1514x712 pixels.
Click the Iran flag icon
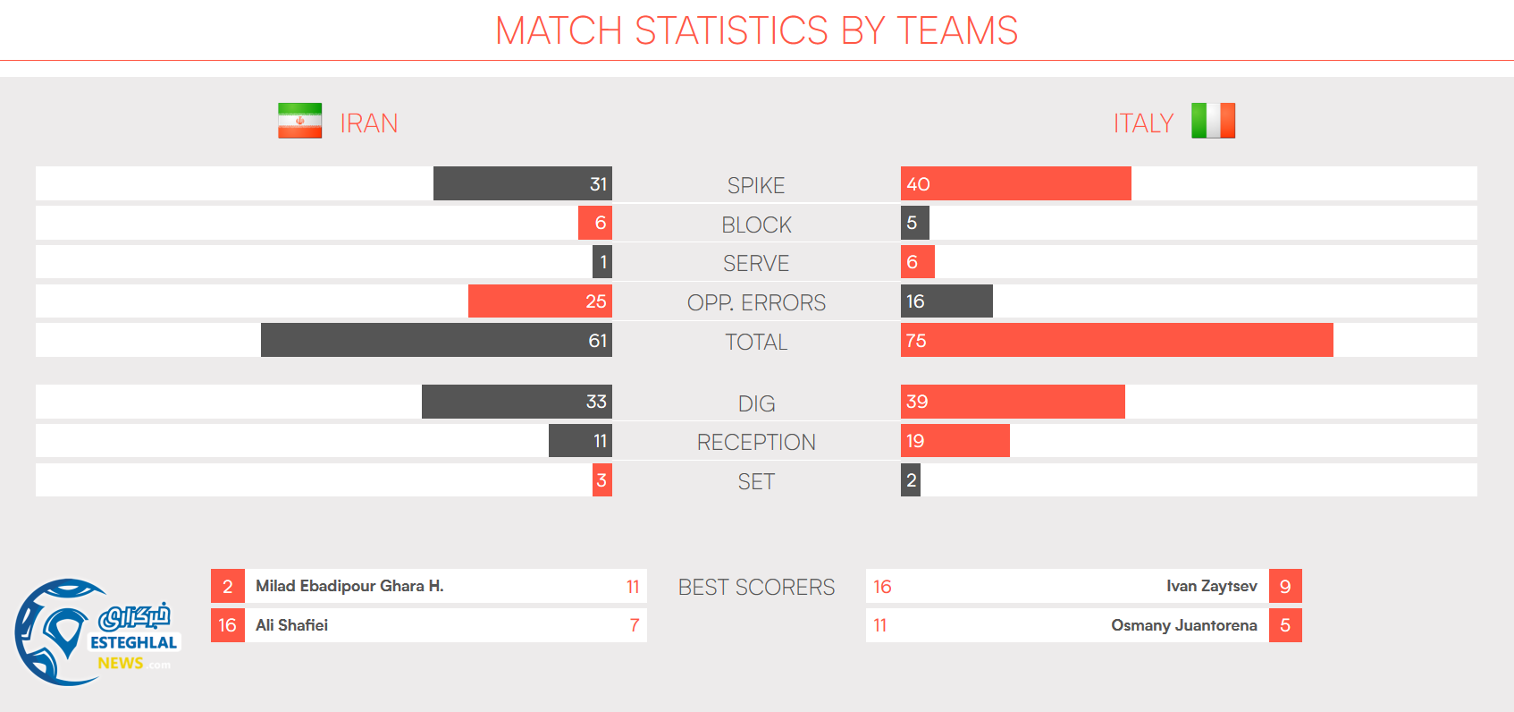tap(299, 121)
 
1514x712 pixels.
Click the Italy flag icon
tap(1213, 121)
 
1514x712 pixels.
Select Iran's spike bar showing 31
tap(523, 183)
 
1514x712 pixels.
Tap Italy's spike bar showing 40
tap(1015, 183)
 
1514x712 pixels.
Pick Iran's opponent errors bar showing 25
tap(540, 301)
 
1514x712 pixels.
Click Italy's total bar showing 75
tap(1116, 340)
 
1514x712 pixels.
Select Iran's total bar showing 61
tap(436, 340)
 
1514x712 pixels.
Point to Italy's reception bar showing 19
tap(955, 441)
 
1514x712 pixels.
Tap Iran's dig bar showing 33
tap(517, 402)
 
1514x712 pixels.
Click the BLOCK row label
tap(756, 225)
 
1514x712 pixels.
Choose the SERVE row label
tap(756, 264)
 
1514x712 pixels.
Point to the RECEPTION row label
tap(756, 442)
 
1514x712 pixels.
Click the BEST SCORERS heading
tap(756, 587)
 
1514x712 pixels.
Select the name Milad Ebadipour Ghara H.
tap(349, 586)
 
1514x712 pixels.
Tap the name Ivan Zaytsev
tap(1211, 586)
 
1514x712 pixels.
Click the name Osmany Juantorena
tap(1183, 625)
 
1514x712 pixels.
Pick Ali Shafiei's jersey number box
tap(228, 625)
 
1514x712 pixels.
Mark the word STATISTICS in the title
tap(731, 30)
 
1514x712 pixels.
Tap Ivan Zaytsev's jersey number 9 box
tap(1285, 586)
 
